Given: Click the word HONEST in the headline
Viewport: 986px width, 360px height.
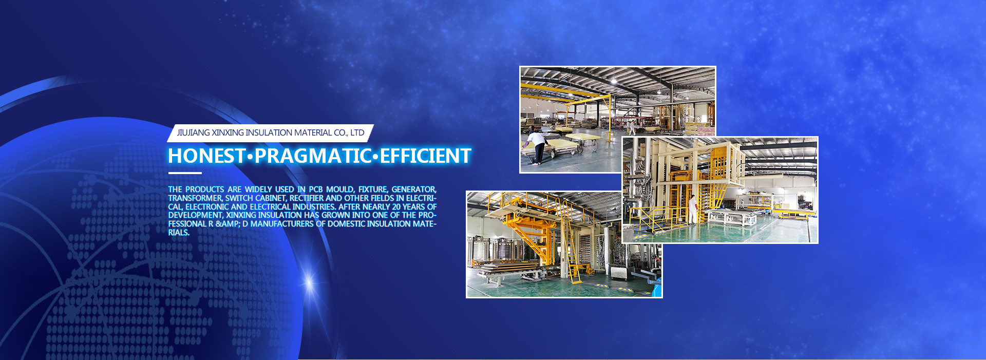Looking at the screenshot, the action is coord(206,156).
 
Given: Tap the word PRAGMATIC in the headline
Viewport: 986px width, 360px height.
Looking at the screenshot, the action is coord(313,156).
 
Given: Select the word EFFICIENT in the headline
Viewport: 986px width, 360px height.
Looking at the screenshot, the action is coord(425,156).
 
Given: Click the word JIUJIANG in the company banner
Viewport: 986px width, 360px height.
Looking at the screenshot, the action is coord(194,132).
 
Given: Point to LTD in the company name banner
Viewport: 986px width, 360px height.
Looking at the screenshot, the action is coord(357,132).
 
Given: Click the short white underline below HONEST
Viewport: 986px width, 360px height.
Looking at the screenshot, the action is coord(185,173).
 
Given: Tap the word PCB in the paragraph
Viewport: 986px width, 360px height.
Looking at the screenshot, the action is coord(316,190).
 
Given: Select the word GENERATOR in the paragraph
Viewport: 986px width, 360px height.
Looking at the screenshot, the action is coord(414,190).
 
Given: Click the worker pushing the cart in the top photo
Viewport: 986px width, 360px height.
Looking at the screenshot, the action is coord(536,147).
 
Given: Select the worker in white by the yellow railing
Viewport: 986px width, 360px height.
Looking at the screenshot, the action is coord(693,209).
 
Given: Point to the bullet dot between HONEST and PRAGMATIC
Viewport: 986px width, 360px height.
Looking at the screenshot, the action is coord(250,156).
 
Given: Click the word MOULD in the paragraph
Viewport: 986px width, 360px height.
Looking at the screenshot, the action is coord(340,190).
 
